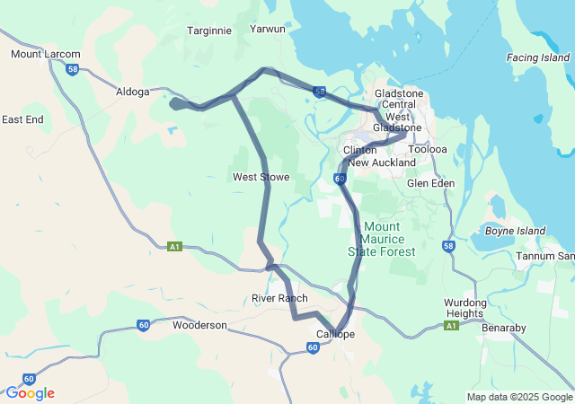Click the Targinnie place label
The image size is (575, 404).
click(x=209, y=31)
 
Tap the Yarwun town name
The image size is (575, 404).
click(x=268, y=29)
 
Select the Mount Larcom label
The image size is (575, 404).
click(x=45, y=55)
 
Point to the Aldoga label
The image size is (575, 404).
click(x=133, y=92)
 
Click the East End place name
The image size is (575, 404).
click(x=22, y=119)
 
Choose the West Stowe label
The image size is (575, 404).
click(x=261, y=178)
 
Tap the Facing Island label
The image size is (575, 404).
click(x=538, y=57)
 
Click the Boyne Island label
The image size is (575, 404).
click(x=515, y=231)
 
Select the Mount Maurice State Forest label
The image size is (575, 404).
click(x=382, y=239)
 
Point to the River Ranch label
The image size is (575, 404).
click(x=279, y=298)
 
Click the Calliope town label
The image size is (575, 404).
click(x=335, y=334)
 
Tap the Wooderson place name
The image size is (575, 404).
click(x=199, y=325)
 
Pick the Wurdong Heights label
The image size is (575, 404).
click(x=465, y=309)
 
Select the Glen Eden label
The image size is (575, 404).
click(x=430, y=183)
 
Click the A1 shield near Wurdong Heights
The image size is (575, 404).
click(x=451, y=326)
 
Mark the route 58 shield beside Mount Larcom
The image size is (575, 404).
click(x=73, y=68)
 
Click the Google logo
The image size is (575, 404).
click(x=30, y=393)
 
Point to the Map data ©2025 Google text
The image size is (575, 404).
click(x=518, y=397)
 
